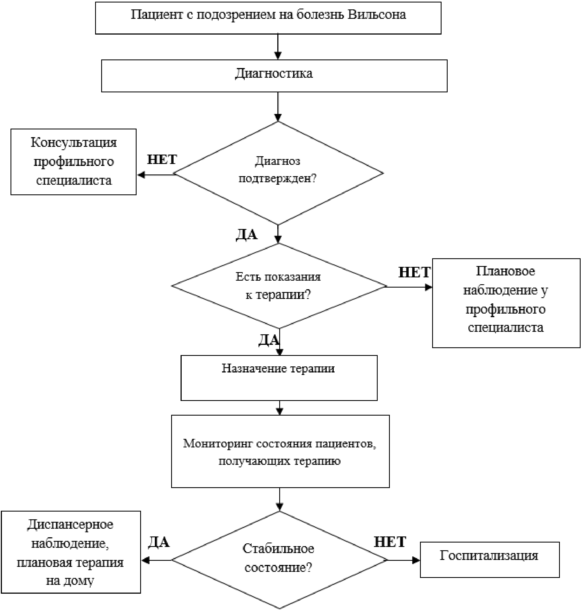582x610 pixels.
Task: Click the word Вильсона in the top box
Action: pos(377,15)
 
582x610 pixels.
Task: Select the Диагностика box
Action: pos(274,76)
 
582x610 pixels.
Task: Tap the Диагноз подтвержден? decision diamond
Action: pos(278,173)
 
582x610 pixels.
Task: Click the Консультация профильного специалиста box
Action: pos(74,162)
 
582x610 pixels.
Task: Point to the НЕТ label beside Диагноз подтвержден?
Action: pos(162,160)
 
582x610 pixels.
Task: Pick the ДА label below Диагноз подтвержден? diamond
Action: pos(247,234)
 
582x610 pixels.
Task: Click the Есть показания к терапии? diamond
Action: pos(279,286)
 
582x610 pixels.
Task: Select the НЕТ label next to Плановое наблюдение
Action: pos(414,272)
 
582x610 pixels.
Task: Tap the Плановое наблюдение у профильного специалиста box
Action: pos(506,303)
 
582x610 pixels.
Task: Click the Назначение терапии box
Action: pos(279,378)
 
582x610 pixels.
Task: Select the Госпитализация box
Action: pos(490,560)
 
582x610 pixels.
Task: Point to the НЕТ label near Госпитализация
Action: pos(390,542)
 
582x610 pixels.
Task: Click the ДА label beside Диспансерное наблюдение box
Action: pos(159,542)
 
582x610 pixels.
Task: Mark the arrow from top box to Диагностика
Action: pos(278,46)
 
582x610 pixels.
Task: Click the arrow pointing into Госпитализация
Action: pos(404,560)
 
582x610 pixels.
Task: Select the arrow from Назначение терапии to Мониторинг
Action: pos(280,408)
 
